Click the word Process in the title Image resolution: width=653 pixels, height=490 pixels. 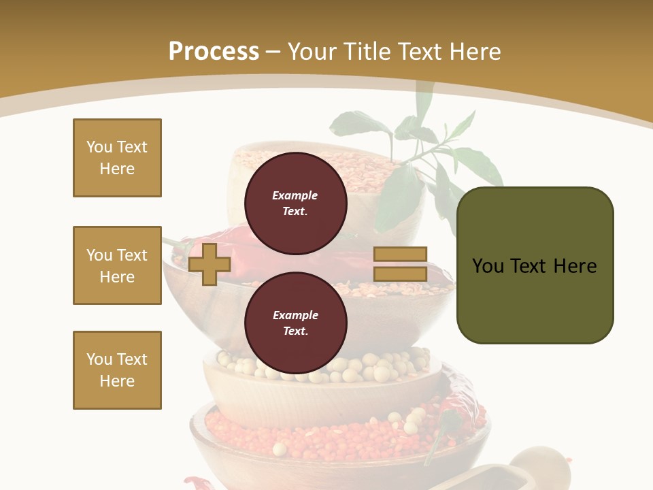(x=214, y=51)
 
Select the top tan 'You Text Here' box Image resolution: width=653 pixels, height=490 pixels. (x=117, y=158)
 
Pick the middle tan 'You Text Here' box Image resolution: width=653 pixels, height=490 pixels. (x=117, y=265)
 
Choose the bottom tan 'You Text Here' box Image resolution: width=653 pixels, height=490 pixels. (x=117, y=370)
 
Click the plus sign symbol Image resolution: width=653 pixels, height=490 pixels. (x=209, y=264)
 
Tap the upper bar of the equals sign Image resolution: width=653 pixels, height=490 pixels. (x=400, y=255)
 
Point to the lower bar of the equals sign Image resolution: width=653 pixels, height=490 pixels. (x=400, y=274)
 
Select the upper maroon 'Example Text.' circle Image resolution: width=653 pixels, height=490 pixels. (x=295, y=203)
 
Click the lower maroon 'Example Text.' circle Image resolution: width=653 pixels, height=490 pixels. (x=295, y=323)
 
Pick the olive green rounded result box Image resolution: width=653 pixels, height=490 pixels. (x=535, y=265)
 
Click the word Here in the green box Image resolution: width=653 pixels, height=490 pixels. (x=575, y=265)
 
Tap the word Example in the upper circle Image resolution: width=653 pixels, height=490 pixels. (x=295, y=195)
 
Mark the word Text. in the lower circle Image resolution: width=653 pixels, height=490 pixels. (x=295, y=331)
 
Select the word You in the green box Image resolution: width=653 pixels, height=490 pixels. (x=488, y=265)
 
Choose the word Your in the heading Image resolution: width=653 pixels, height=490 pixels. (x=314, y=51)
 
